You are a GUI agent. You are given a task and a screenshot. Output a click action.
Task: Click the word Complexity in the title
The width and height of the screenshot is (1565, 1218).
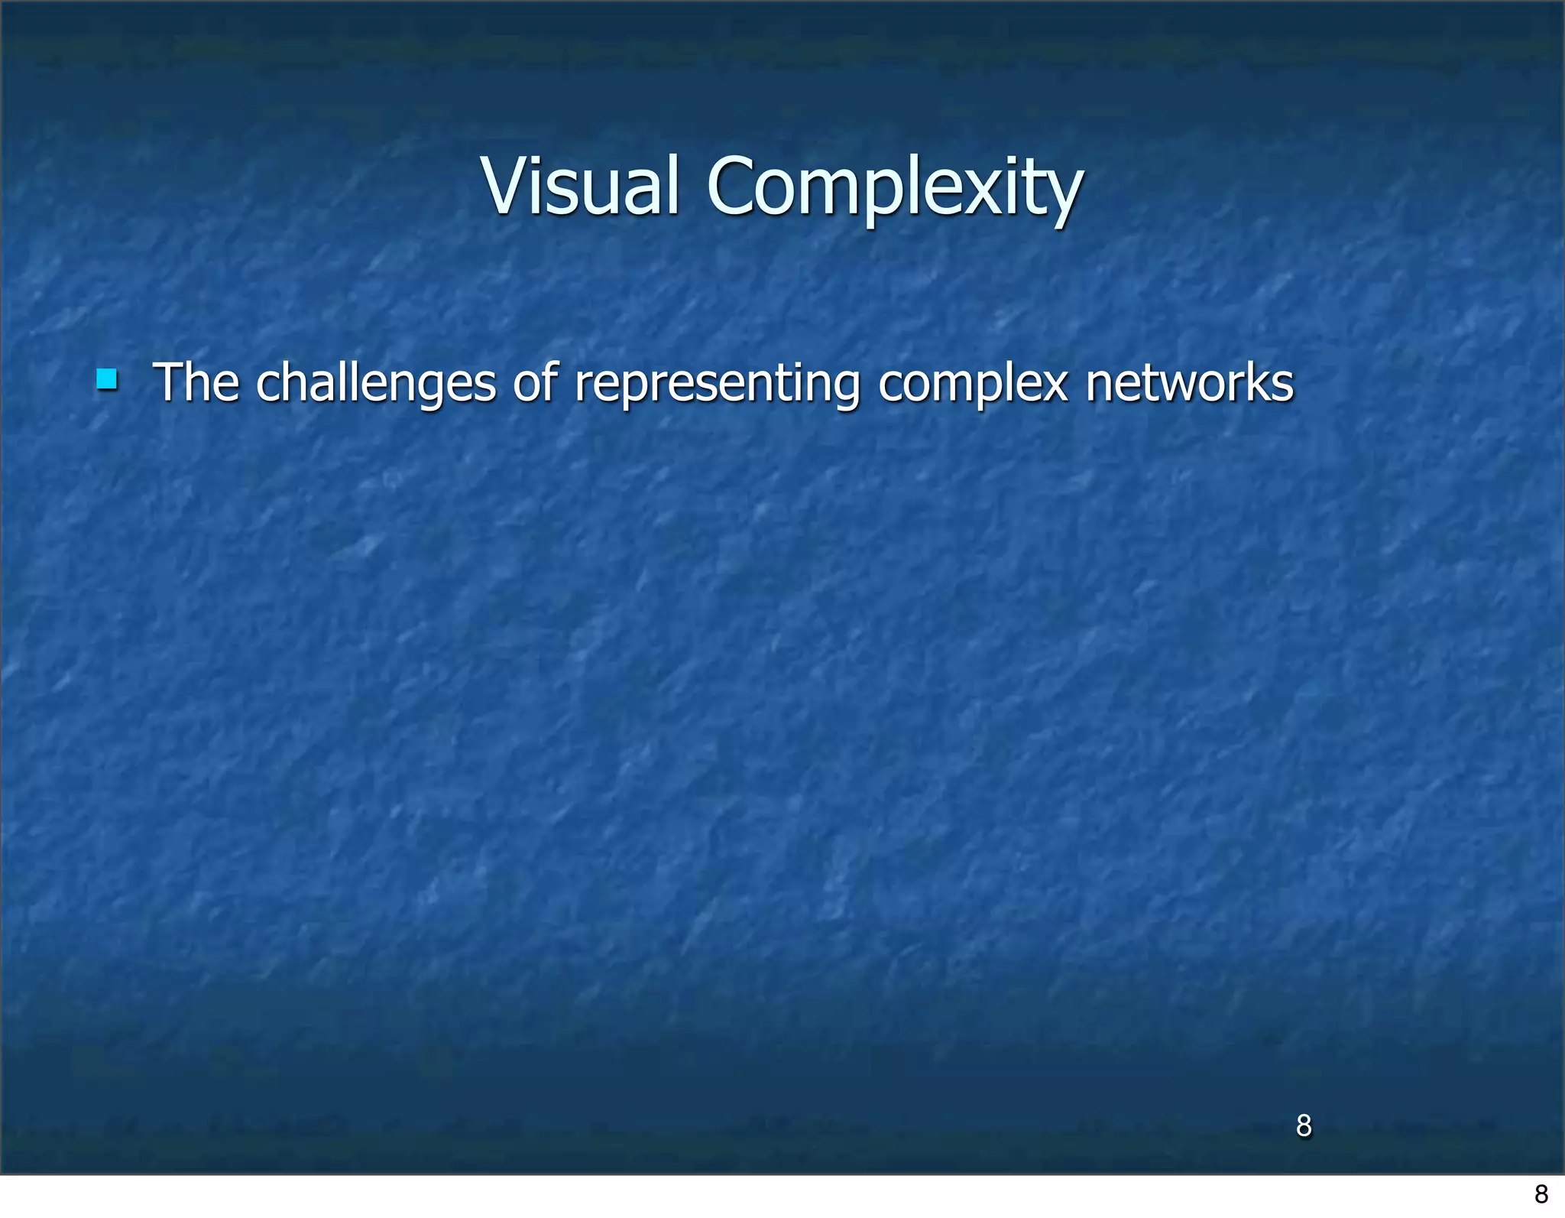pyautogui.click(x=894, y=188)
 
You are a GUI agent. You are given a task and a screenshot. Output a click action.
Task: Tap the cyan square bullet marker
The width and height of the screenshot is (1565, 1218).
pyautogui.click(x=107, y=379)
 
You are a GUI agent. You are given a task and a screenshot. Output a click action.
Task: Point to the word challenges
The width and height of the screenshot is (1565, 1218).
pyautogui.click(x=375, y=384)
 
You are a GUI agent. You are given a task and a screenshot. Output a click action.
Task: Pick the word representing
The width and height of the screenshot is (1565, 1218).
pyautogui.click(x=718, y=384)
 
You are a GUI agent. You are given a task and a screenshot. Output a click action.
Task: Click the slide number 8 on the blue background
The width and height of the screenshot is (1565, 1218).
pyautogui.click(x=1304, y=1125)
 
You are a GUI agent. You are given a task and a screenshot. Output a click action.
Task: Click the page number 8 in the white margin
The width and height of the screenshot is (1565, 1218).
pyautogui.click(x=1541, y=1194)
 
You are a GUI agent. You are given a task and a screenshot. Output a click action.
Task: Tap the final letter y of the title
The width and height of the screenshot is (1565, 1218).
pyautogui.click(x=1064, y=197)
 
